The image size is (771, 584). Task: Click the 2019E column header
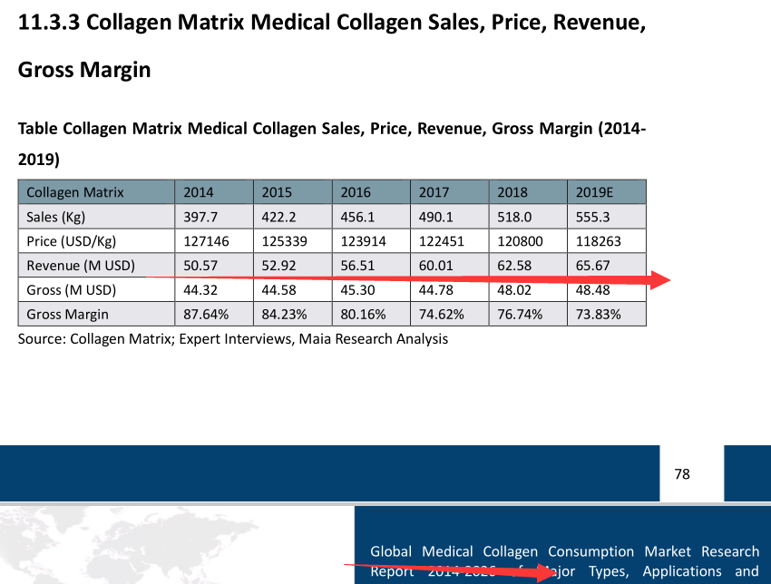click(595, 192)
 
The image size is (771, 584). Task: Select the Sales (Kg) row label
click(55, 217)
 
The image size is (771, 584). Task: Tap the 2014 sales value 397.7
click(200, 217)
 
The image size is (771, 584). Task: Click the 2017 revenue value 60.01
click(435, 266)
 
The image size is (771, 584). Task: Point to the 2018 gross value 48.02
click(513, 290)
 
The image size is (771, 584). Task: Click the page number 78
click(682, 473)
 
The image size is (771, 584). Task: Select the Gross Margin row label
click(67, 315)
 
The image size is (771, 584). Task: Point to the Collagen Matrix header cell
click(75, 192)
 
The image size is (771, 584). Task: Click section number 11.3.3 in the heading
click(48, 24)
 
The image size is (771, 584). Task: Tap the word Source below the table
click(39, 339)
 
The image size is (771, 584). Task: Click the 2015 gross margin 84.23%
click(284, 315)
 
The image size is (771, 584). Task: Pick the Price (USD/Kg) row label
click(72, 241)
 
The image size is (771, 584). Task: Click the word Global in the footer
click(390, 551)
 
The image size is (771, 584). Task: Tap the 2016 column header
click(356, 192)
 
